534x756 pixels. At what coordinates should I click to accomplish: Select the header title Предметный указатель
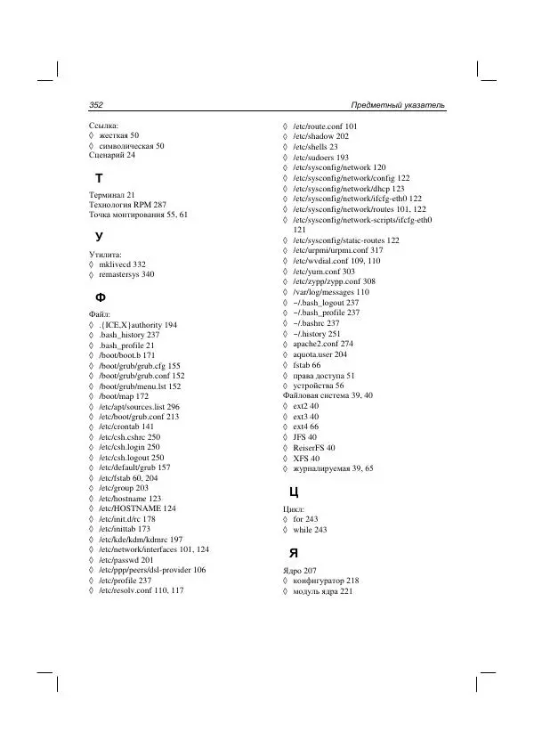pos(398,106)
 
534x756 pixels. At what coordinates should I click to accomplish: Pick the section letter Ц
pos(293,492)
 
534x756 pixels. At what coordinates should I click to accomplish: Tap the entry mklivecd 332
pos(122,264)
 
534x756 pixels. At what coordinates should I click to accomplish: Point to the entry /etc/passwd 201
pos(126,559)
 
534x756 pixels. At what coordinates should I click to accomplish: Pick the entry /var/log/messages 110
pos(331,291)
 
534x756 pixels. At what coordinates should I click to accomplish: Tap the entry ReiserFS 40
pos(313,447)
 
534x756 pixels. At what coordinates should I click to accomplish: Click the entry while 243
pos(310,529)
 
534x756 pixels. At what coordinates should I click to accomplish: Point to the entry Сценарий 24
pos(112,155)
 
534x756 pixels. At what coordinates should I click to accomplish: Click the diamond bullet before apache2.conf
pos(285,343)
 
